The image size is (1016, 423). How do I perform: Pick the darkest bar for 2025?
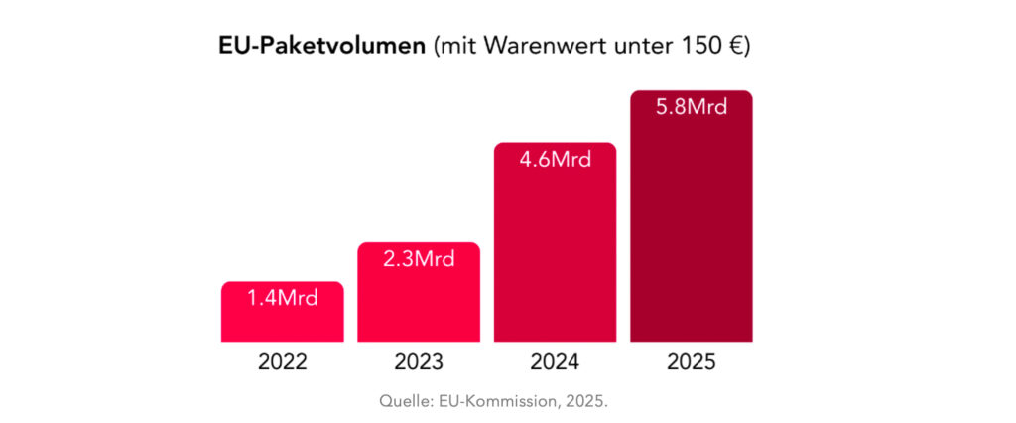(692, 217)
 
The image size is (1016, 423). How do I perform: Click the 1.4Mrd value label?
(283, 297)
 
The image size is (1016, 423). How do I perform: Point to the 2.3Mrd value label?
(419, 259)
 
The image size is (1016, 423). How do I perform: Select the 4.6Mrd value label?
(556, 159)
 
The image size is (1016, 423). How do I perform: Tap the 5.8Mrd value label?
(692, 107)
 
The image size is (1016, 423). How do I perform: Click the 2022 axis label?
(283, 362)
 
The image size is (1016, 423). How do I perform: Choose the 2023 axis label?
(419, 362)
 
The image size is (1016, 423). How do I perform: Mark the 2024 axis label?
(556, 362)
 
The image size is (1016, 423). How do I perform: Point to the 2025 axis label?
(692, 362)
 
